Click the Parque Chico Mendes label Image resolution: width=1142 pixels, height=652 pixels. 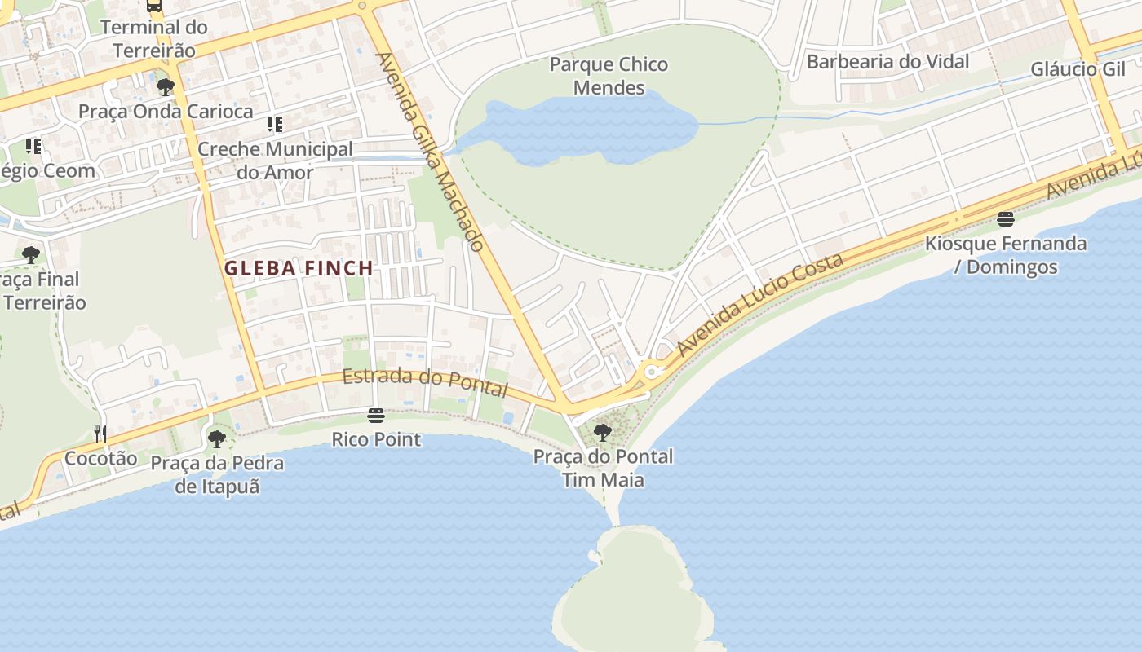coord(609,76)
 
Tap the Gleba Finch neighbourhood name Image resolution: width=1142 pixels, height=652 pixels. coord(299,267)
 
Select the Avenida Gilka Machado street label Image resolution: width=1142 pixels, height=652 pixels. coord(430,152)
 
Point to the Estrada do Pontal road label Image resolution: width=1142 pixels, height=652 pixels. coord(425,382)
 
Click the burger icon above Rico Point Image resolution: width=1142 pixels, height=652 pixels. coord(375,416)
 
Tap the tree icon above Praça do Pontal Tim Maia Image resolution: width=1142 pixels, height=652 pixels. coord(603,432)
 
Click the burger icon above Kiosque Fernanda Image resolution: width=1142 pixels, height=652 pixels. coord(1005,218)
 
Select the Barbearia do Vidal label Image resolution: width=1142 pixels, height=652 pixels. coord(887,62)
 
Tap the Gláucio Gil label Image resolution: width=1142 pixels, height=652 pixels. coord(1078,69)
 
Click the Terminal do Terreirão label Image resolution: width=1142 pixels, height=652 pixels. coord(154,38)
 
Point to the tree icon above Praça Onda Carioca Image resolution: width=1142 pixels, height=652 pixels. coord(166,86)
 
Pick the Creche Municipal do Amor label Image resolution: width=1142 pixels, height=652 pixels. coord(275,161)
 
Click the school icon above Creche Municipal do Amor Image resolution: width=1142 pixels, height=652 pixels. coord(275,125)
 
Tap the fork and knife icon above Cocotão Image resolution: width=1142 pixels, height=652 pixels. coord(100,434)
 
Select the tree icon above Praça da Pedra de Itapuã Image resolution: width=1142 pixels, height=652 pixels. coord(216,439)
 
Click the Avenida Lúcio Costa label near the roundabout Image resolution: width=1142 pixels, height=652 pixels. coord(759,306)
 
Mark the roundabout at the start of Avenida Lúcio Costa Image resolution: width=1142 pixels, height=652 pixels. coord(651,372)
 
